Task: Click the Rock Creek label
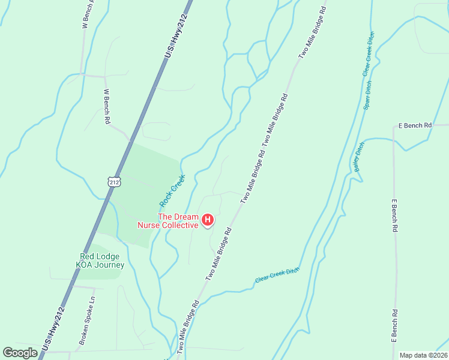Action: click(x=172, y=190)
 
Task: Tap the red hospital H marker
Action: click(x=208, y=221)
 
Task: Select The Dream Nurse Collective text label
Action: click(x=178, y=221)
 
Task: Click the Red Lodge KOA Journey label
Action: click(x=101, y=261)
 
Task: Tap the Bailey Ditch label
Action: click(x=360, y=157)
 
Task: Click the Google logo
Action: click(x=20, y=353)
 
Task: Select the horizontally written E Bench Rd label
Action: click(x=415, y=125)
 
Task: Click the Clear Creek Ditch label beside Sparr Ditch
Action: click(x=368, y=54)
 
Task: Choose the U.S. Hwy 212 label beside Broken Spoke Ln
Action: click(x=54, y=329)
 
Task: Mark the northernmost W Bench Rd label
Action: click(x=85, y=15)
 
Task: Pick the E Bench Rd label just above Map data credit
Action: click(x=395, y=326)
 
